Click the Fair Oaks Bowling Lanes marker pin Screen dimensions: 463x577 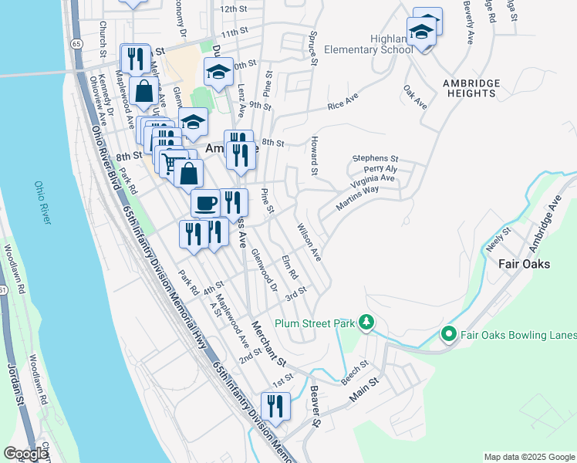point(447,334)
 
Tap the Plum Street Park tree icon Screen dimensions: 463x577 point(369,323)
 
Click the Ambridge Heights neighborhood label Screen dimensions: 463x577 point(471,88)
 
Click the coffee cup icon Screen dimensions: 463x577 point(205,203)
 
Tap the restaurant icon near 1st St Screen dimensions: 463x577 point(275,406)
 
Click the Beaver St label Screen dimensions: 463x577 point(315,408)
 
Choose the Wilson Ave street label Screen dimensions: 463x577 point(309,242)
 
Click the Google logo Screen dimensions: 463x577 point(25,454)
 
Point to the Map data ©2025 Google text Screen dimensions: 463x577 point(529,457)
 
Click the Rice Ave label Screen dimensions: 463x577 point(343,103)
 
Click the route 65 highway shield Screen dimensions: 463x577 point(76,45)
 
